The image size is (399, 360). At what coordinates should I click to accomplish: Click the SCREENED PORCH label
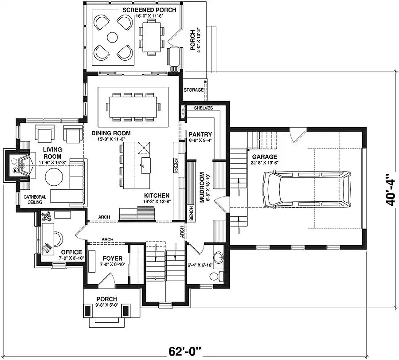coord(149,10)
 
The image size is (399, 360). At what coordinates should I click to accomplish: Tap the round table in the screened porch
coord(113,37)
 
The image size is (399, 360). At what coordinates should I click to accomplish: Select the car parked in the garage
coord(307,189)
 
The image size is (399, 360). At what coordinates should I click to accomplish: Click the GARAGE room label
coord(265,157)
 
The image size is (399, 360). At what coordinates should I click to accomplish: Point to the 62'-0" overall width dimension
coord(185,352)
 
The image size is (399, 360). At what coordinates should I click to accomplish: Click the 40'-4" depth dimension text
coord(391,190)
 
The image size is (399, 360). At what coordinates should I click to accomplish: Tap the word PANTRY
coord(200,134)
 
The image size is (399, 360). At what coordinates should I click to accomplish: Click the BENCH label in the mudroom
coord(191,213)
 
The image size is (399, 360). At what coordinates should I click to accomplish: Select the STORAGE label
coord(194,90)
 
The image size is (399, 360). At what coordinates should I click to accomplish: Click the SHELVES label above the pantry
coord(203,108)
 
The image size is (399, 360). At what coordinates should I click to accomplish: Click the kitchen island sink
coord(146,165)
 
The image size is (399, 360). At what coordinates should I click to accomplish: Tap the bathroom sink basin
coord(218,257)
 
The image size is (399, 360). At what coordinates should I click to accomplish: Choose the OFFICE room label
coord(71,252)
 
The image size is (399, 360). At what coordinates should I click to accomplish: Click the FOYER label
coord(113,259)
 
